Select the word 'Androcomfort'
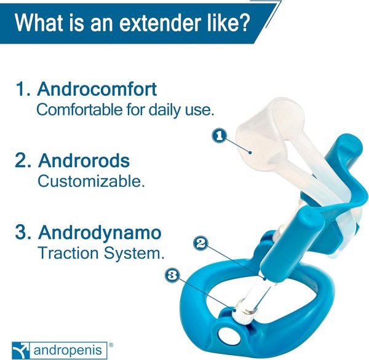coord(97,89)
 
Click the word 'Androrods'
coord(84,160)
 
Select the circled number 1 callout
coord(219,136)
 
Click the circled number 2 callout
coord(200,243)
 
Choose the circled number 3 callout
coord(172,275)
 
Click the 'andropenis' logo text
coord(68,351)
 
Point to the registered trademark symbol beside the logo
coord(111,345)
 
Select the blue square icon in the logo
coord(21,350)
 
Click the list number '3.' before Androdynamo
coord(23,232)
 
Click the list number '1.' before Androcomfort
coord(23,89)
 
